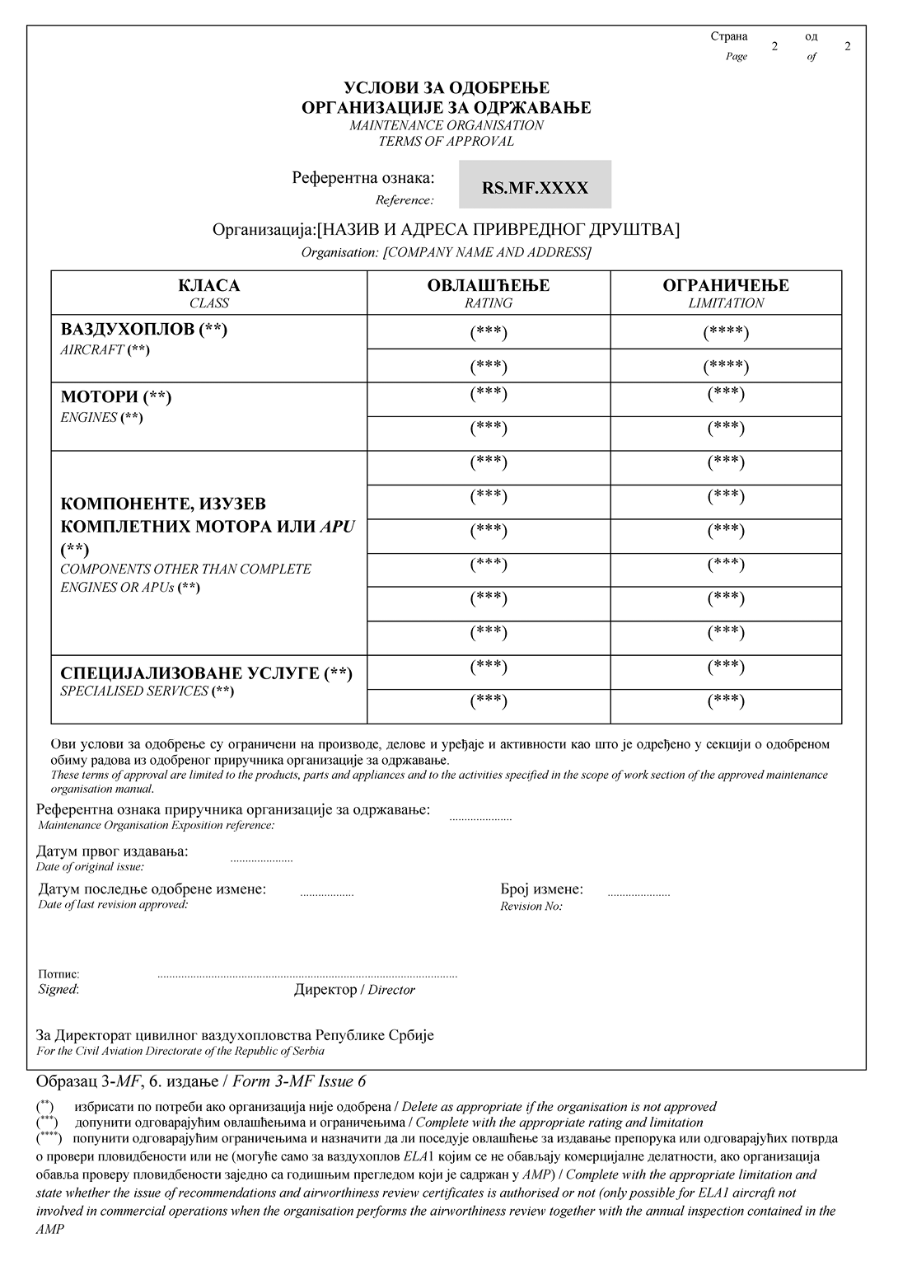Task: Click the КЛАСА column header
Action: pos(209,286)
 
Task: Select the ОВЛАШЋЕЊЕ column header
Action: pos(489,286)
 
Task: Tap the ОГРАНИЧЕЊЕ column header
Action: pos(726,286)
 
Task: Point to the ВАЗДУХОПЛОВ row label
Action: pos(143,330)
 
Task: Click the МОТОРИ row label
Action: pos(116,397)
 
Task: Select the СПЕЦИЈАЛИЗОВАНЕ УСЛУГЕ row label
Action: pos(206,673)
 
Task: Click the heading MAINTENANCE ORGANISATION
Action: pos(447,125)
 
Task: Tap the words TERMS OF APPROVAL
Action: pos(447,141)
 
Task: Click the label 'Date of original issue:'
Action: pos(90,867)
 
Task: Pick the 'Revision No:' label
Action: pos(531,907)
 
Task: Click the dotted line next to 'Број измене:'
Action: pos(638,893)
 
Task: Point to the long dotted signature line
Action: pos(307,976)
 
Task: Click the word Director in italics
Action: pos(391,990)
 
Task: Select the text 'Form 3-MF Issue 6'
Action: pos(299,1081)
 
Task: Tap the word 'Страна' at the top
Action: pos(729,36)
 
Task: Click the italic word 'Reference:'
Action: pos(405,200)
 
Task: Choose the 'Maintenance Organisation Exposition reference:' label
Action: pos(157,825)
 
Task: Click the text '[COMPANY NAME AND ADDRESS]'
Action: pos(487,253)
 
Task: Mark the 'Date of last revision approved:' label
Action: pos(113,905)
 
